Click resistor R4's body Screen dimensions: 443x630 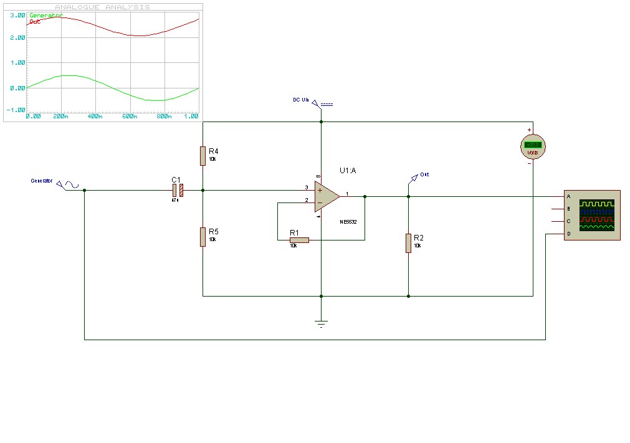click(203, 156)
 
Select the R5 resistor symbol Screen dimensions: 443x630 click(203, 237)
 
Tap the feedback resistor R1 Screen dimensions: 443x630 click(299, 240)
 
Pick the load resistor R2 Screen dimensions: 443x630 click(408, 243)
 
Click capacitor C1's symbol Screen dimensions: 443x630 click(178, 190)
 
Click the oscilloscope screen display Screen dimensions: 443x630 click(596, 215)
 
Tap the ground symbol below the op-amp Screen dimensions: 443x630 click(321, 323)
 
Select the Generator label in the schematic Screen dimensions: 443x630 click(42, 181)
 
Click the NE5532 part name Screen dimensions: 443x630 click(348, 222)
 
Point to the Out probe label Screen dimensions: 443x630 click(424, 174)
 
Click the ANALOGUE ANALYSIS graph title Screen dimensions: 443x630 click(103, 7)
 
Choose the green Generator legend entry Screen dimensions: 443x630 click(46, 15)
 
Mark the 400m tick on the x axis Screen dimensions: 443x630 click(95, 117)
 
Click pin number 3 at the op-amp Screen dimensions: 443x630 click(306, 187)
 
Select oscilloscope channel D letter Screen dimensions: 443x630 click(568, 234)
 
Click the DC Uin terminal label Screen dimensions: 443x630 click(301, 100)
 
